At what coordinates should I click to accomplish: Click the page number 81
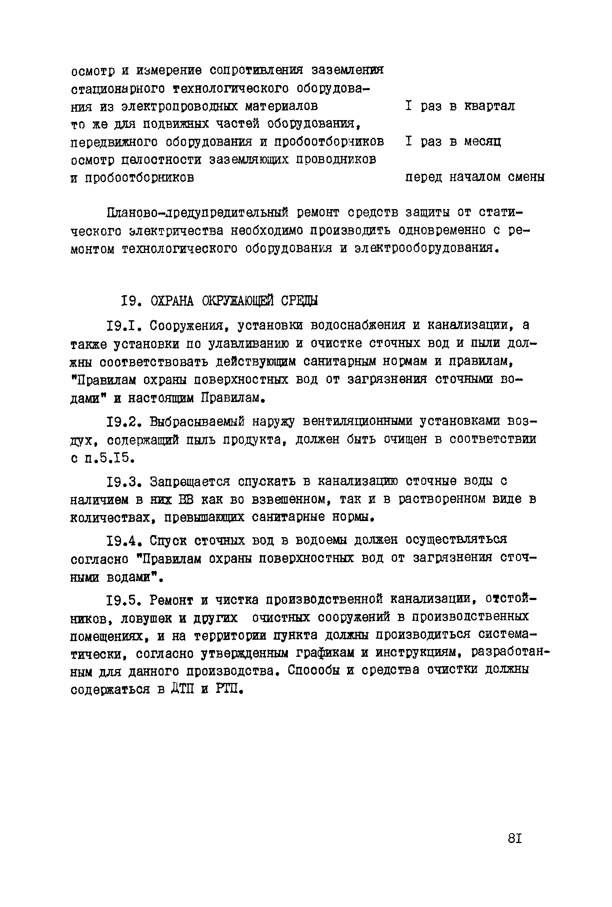point(515,838)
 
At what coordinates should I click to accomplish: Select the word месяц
point(483,141)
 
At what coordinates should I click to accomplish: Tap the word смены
point(526,177)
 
